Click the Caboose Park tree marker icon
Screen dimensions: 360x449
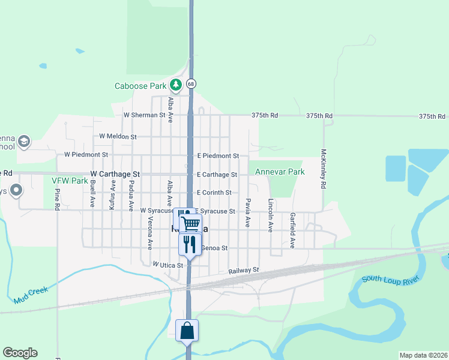point(175,85)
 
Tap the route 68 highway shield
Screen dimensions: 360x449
point(191,84)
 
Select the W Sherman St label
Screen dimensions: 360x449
point(144,115)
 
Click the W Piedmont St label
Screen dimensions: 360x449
point(86,154)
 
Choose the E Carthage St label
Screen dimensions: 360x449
point(217,175)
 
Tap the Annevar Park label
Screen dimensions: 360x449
point(280,172)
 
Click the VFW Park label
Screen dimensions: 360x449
point(70,180)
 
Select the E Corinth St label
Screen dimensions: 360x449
point(214,193)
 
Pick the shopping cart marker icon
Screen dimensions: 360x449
point(191,224)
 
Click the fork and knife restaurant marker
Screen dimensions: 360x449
point(190,244)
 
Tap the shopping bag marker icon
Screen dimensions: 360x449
point(187,330)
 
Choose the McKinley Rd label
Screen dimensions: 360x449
point(323,169)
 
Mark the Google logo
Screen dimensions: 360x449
point(20,352)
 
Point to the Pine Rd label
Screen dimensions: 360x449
point(58,199)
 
